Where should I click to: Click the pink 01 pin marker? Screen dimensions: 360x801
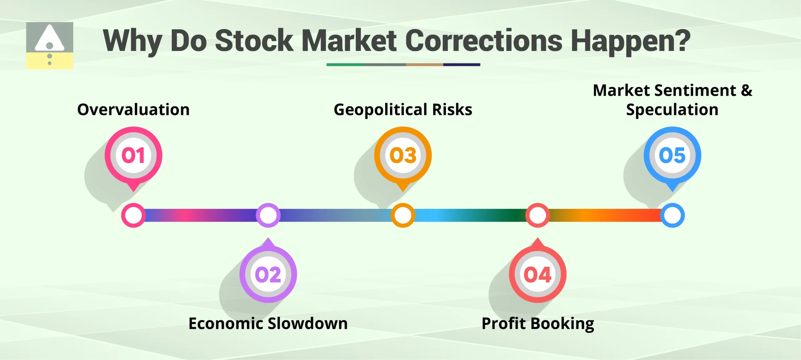tap(134, 156)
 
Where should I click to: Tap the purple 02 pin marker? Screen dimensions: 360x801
tap(268, 275)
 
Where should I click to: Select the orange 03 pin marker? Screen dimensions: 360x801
tap(403, 156)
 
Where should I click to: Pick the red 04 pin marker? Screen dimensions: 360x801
tap(538, 275)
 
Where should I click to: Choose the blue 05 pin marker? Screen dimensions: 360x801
tap(672, 156)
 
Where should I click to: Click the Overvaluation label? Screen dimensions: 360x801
tap(134, 110)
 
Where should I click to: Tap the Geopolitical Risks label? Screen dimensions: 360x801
tap(403, 110)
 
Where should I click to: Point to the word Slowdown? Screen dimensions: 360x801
tap(308, 323)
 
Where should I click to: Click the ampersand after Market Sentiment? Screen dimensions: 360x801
tap(747, 90)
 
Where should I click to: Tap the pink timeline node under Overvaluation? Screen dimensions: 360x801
tap(134, 215)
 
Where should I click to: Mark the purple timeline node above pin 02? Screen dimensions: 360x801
tap(268, 215)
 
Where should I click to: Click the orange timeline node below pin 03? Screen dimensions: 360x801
tap(403, 215)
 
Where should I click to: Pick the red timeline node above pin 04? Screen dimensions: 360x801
tap(538, 215)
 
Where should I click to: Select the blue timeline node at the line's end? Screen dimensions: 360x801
tap(672, 215)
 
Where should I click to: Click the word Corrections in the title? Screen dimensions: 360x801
tap(484, 41)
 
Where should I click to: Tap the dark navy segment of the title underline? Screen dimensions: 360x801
tap(462, 65)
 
